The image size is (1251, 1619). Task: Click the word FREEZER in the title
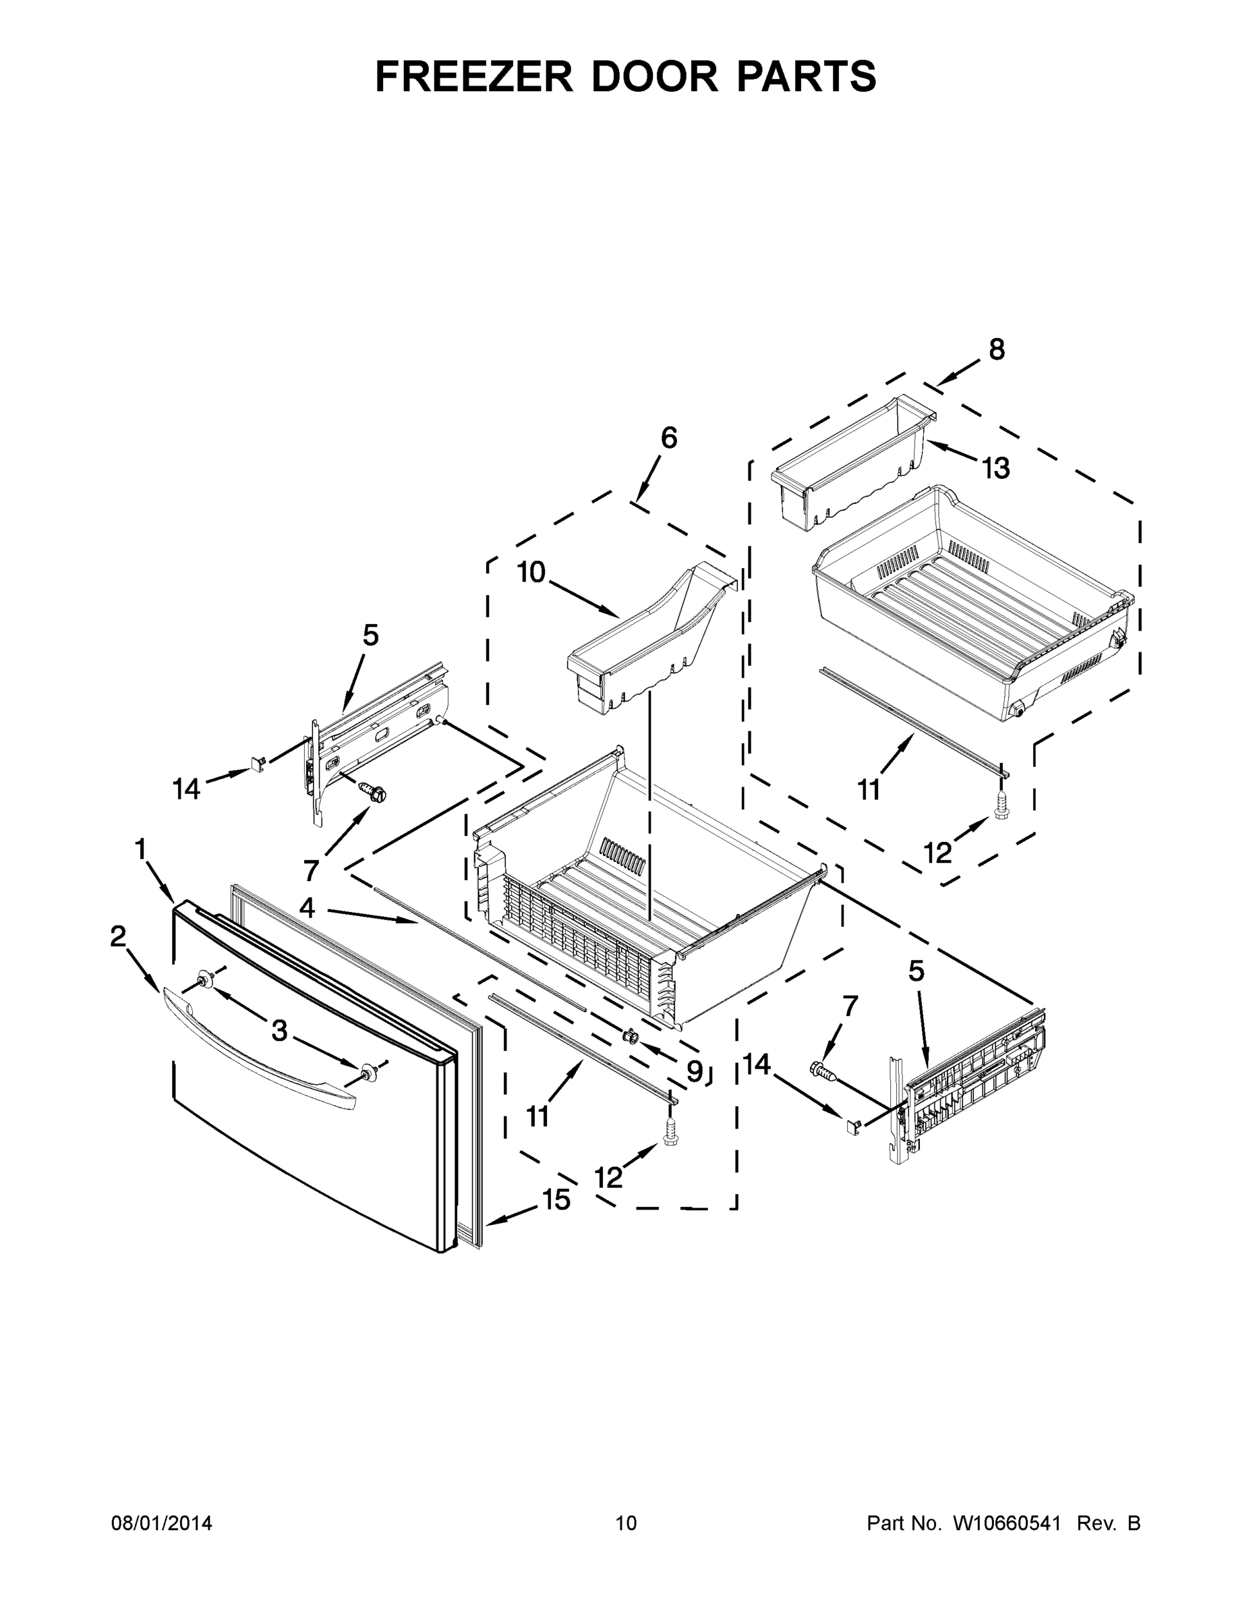tap(474, 76)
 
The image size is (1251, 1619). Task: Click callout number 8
tap(997, 349)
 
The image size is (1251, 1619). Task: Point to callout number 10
tap(531, 572)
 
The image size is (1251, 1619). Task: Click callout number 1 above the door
tap(140, 849)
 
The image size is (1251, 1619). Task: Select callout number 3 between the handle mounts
tap(279, 1029)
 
